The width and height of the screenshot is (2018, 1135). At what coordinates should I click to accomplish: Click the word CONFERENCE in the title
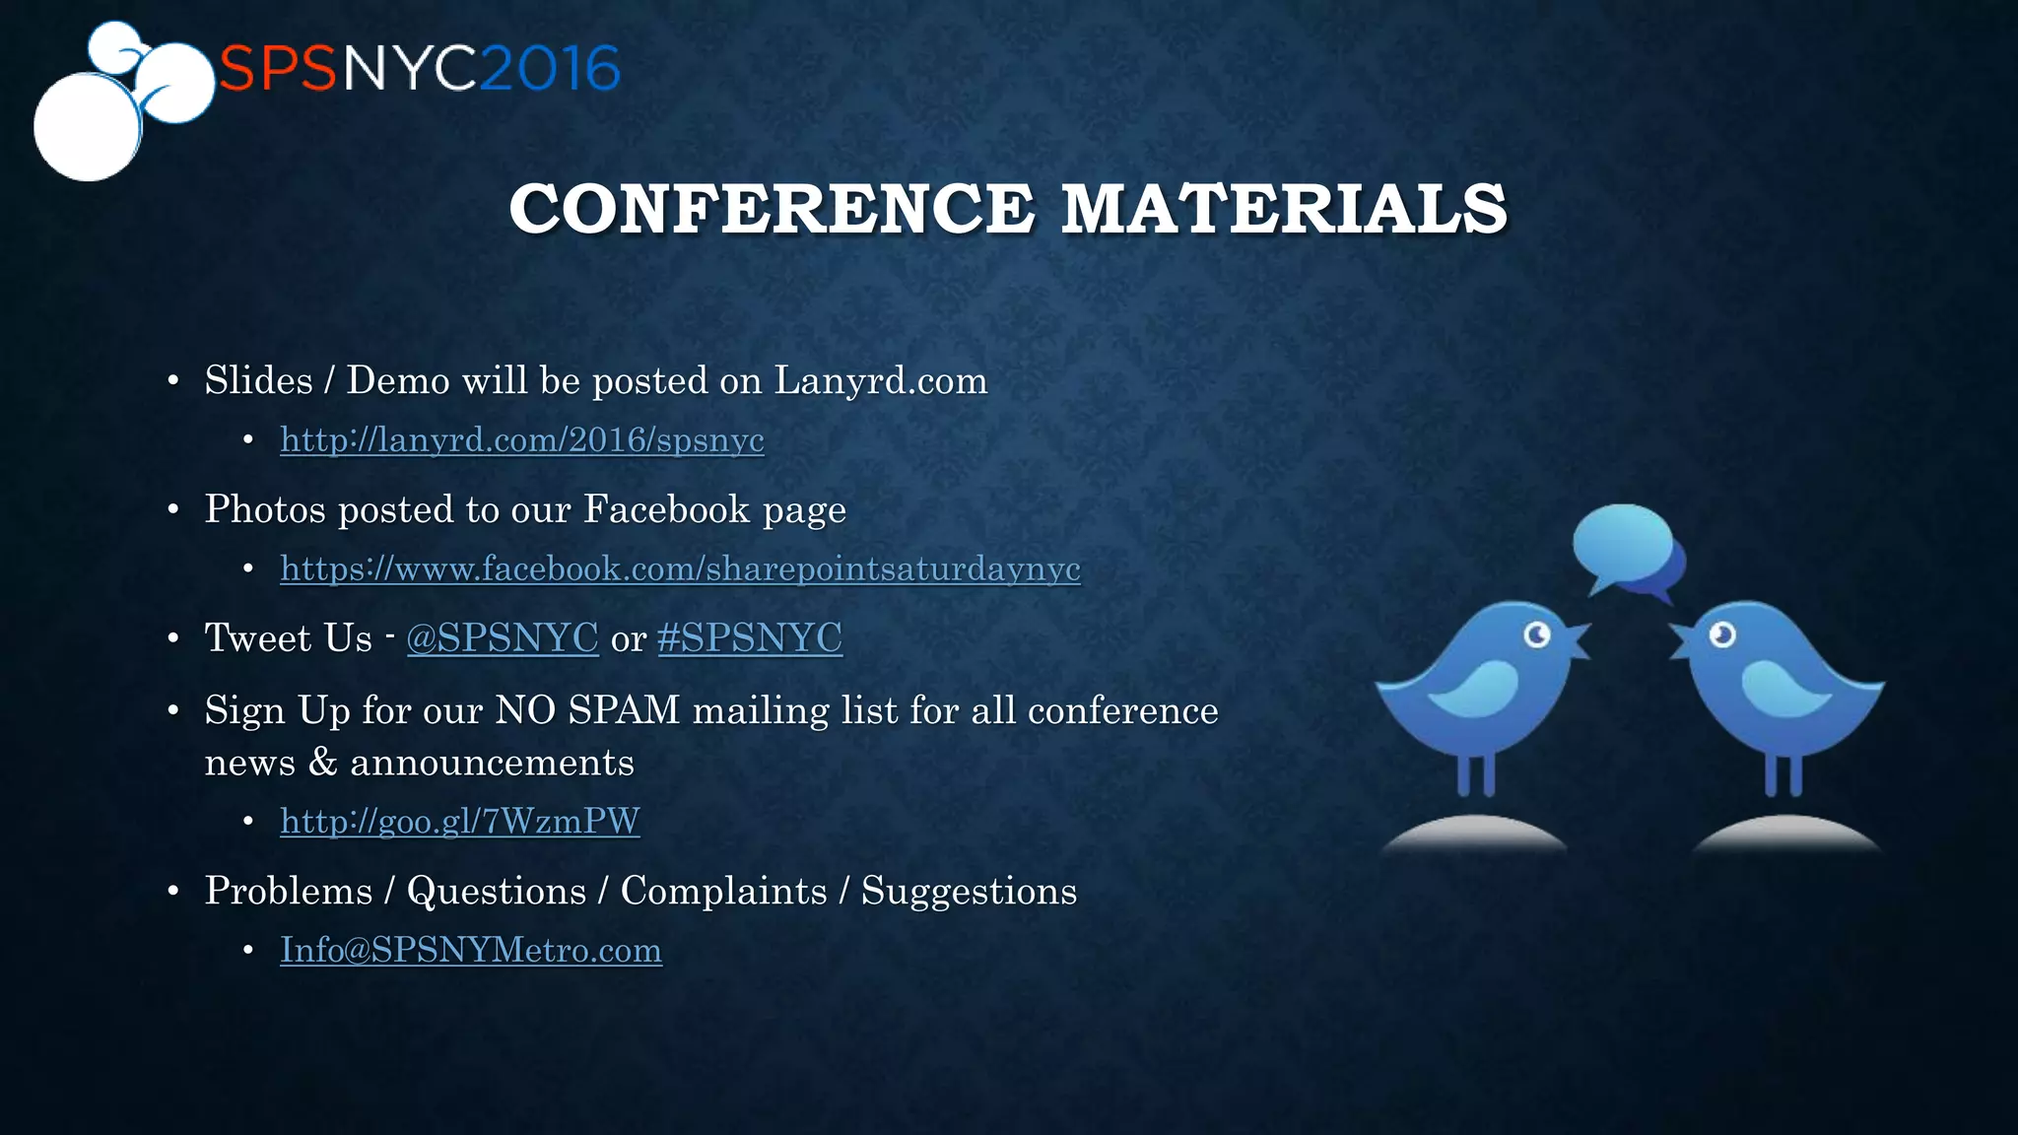click(x=772, y=209)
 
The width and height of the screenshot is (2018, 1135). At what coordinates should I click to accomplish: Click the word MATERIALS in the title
click(x=1284, y=209)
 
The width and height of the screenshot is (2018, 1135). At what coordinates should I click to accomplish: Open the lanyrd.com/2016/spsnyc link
click(x=521, y=439)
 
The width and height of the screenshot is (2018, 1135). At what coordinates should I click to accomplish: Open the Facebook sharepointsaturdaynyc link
click(x=680, y=568)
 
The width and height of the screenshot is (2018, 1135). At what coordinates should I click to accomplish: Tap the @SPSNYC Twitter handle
click(x=502, y=637)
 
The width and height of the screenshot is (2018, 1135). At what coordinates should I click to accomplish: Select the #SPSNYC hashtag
click(x=749, y=637)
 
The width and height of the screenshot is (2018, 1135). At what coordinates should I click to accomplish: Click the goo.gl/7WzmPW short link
click(x=459, y=821)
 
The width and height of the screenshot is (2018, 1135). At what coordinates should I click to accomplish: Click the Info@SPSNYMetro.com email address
click(x=470, y=950)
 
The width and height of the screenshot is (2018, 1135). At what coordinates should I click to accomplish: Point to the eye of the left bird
click(x=1537, y=634)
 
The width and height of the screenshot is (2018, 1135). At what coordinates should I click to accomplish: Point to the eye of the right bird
click(x=1721, y=634)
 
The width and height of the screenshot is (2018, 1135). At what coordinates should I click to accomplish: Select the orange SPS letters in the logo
click(x=278, y=69)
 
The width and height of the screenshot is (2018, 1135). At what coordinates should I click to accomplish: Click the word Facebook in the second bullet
click(x=666, y=509)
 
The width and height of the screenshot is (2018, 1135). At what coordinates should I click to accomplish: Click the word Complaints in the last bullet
click(x=723, y=891)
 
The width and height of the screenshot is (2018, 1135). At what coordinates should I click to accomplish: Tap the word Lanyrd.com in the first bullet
click(x=880, y=380)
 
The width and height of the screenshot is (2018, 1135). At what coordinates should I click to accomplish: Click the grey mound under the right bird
click(x=1785, y=835)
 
